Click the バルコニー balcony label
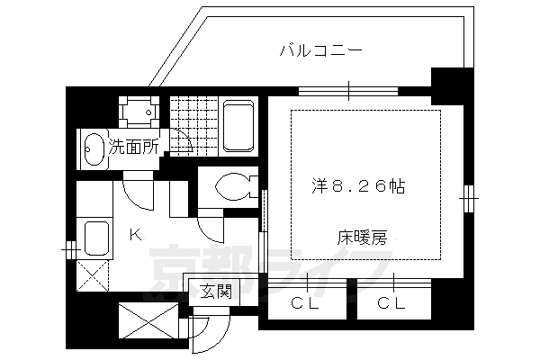tap(321, 50)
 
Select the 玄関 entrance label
tap(216, 291)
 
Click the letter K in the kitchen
tap(134, 236)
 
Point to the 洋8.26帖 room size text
tap(357, 187)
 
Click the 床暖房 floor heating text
tap(363, 238)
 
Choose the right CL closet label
tap(391, 304)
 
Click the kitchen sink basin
tap(96, 239)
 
